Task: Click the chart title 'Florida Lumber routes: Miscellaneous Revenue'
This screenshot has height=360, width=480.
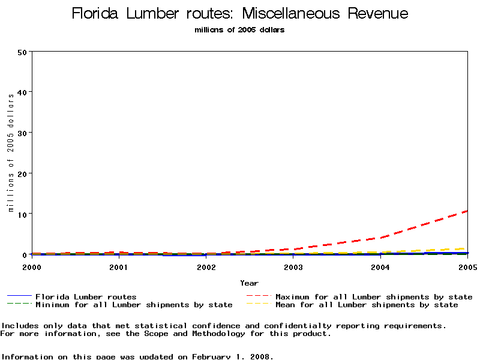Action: pos(240,14)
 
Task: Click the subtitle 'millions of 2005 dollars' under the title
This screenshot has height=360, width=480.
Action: pos(240,30)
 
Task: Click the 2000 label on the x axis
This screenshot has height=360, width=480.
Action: pos(32,266)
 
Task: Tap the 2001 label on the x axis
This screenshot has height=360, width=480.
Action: pos(119,266)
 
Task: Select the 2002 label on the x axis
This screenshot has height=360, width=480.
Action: pos(206,266)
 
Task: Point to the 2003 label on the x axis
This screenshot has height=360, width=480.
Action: pos(293,266)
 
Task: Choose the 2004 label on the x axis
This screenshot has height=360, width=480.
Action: pos(380,266)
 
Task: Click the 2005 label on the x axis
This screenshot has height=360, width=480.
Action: pos(467,266)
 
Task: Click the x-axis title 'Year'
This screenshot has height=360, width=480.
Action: pos(249,283)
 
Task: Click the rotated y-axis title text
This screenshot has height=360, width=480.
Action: pos(11,153)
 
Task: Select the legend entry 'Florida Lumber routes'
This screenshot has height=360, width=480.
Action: pos(86,296)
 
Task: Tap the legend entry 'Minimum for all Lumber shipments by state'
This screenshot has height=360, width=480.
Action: pos(134,305)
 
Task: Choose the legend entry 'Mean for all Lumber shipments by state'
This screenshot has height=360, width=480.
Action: pos(367,305)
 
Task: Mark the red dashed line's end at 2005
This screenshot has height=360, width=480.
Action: pos(467,211)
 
